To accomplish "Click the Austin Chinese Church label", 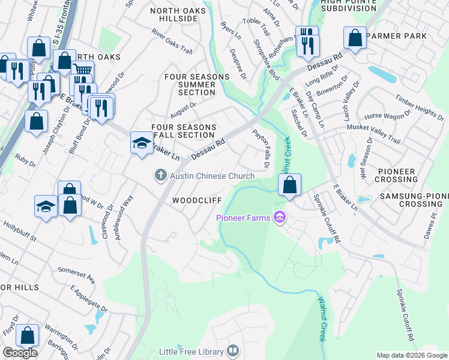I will pyautogui.click(x=212, y=176).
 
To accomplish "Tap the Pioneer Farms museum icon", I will pyautogui.click(x=279, y=217).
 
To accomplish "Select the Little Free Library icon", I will pyautogui.click(x=234, y=352).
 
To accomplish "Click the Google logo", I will pyautogui.click(x=20, y=353).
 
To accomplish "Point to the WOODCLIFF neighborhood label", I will pyautogui.click(x=197, y=200).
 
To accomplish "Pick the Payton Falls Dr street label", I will pyautogui.click(x=262, y=148).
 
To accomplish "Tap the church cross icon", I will pyautogui.click(x=160, y=175).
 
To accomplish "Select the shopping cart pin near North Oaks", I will pyautogui.click(x=83, y=72).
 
